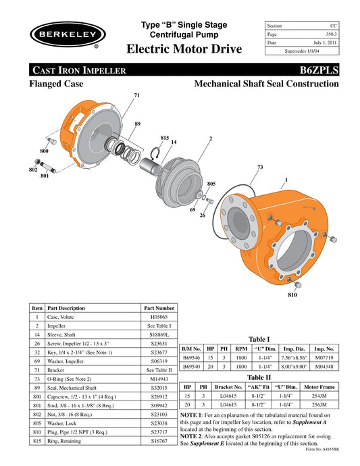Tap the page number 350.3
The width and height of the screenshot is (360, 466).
(330, 34)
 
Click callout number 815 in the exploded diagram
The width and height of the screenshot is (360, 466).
(164, 138)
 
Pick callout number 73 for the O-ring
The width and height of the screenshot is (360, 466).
(260, 167)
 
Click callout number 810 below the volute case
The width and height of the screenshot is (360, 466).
(292, 295)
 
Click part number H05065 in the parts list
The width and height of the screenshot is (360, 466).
(159, 316)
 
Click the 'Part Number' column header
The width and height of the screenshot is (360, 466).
(159, 307)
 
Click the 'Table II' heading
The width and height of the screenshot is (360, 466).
(260, 378)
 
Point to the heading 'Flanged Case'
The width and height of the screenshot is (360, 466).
(56, 84)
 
